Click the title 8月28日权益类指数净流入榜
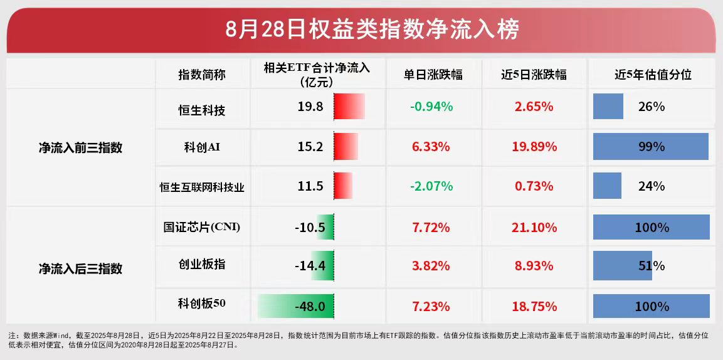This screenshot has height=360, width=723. pos(361,29)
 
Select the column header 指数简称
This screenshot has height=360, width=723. pos(202,74)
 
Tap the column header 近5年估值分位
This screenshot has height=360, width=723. pos(652,74)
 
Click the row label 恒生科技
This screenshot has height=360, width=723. pos(202,110)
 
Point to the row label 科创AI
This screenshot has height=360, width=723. pos(202,147)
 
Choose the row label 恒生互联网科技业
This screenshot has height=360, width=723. pos(202,186)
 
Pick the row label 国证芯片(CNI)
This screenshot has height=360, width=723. pos(202,227)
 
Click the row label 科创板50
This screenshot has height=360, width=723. pos(202,304)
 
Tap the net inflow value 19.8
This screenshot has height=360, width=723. pos(310,107)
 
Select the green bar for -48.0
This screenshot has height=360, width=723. pos(295,307)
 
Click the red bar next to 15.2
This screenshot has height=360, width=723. pos(346,147)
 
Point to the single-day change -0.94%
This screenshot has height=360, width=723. pos(431,107)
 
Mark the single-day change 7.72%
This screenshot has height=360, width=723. pos(431,227)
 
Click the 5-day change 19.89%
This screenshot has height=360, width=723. pos(535,147)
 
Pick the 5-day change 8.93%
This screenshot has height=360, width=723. pos(535,265)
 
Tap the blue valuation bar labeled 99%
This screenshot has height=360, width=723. pos(650,147)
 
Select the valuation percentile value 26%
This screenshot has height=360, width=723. pos(652,107)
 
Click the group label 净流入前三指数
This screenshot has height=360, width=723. pos(80,148)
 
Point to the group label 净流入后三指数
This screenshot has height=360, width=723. pos(80,269)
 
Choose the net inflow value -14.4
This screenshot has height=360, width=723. pos(310,265)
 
